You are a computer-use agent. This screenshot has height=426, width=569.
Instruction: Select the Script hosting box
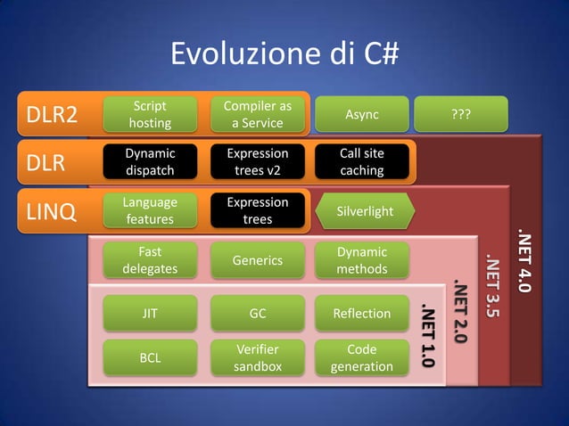150,114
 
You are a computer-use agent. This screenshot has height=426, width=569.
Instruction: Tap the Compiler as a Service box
257,114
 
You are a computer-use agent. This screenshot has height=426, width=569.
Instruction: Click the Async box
361,114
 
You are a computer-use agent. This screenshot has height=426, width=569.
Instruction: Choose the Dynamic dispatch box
150,161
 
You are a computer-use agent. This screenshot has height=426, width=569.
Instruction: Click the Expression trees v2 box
257,161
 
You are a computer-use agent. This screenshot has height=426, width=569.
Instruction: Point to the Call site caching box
361,161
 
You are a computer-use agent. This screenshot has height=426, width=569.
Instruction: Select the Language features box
150,210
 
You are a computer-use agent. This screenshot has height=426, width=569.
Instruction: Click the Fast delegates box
150,260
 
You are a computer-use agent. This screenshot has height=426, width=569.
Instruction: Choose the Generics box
257,260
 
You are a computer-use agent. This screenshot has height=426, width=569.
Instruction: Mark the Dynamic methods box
361,260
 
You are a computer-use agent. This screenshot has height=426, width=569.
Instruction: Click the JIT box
150,313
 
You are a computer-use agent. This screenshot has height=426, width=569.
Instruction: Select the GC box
257,313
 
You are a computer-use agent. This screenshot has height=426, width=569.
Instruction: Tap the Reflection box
361,313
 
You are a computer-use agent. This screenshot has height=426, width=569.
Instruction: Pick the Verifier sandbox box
257,357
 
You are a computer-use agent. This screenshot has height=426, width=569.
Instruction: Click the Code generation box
361,357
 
